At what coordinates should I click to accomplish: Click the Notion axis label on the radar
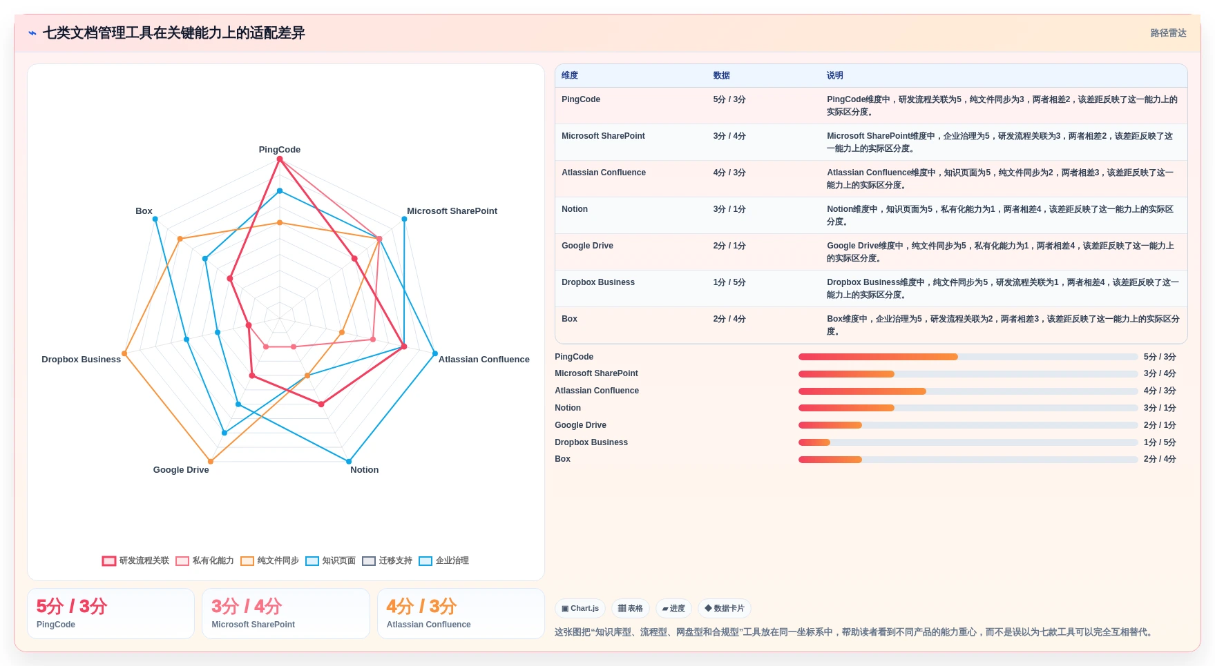pos(364,470)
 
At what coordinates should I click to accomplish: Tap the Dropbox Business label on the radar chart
pos(81,360)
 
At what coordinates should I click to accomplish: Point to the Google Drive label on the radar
pos(181,470)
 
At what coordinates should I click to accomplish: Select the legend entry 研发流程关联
pos(135,560)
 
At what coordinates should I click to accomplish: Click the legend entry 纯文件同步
pos(270,560)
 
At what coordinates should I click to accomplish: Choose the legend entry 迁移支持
pos(388,560)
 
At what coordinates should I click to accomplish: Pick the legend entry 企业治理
pos(444,560)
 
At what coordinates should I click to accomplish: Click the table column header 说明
pos(834,75)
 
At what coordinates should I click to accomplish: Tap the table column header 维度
pos(569,75)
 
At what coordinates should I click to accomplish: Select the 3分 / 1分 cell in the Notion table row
pos(729,209)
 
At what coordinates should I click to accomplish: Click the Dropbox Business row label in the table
pos(598,282)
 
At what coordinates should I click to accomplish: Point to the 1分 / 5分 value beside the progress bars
pos(1160,442)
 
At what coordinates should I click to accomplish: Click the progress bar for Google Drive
pos(968,425)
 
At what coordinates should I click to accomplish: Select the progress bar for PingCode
pos(968,357)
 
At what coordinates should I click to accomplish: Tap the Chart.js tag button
pos(580,608)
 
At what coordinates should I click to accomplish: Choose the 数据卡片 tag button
pos(725,608)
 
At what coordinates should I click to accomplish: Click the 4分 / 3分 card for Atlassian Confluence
pos(461,614)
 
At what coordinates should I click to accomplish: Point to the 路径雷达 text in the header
pos(1168,33)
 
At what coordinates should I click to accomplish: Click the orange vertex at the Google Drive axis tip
pos(211,462)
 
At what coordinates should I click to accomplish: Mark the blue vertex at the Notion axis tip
pos(349,462)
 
